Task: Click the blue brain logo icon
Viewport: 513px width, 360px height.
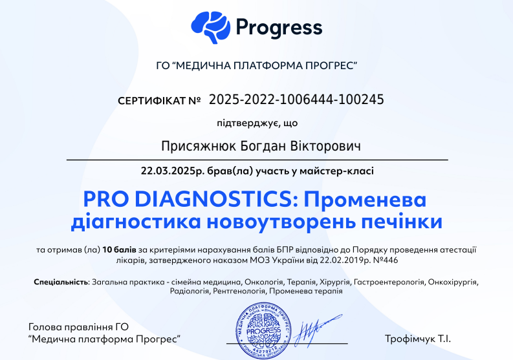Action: [211, 27]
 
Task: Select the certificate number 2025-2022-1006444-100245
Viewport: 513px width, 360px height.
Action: [296, 100]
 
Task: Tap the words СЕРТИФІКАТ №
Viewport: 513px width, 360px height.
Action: [159, 101]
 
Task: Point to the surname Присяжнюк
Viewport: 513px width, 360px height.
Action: [198, 146]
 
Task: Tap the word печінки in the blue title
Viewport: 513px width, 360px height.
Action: [402, 221]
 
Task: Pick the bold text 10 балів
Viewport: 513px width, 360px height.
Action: [119, 250]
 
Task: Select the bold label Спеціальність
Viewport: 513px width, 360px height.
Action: [61, 282]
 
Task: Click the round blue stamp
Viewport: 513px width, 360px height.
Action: [263, 330]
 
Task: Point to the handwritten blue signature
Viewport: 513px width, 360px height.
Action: [318, 330]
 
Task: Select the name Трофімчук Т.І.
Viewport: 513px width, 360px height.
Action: [418, 339]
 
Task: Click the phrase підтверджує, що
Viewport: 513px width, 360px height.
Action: [257, 123]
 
